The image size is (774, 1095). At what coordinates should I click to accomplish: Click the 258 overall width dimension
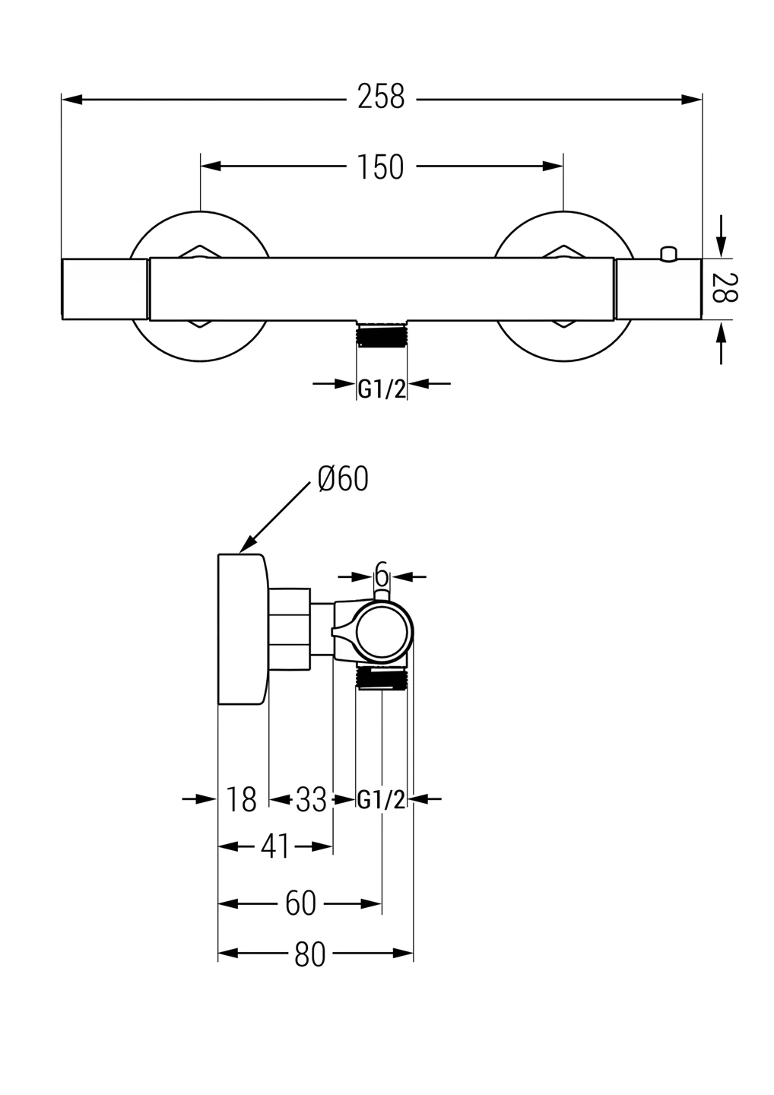click(381, 97)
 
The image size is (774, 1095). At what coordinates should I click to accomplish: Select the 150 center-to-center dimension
click(381, 167)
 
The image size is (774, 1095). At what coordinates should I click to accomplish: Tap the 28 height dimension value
click(723, 288)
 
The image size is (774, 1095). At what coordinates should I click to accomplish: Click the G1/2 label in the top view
click(382, 389)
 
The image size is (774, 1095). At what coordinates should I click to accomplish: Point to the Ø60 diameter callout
click(343, 479)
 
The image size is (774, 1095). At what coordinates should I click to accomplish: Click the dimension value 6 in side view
click(382, 573)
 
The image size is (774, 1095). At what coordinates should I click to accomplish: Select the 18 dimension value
click(242, 800)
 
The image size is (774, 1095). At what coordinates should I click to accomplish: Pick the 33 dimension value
click(311, 800)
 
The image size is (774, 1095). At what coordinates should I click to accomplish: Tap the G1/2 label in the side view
click(382, 800)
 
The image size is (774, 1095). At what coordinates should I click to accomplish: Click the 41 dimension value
click(275, 846)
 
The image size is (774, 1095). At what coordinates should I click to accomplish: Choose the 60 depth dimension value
click(300, 904)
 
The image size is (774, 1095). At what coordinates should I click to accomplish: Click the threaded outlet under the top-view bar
click(382, 334)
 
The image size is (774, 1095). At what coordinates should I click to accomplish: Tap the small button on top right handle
click(669, 253)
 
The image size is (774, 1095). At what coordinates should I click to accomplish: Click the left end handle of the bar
click(104, 289)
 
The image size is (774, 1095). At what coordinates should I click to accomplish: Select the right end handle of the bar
click(658, 289)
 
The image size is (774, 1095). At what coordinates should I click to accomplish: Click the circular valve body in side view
click(384, 631)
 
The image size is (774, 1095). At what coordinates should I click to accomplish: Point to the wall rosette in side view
click(243, 630)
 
